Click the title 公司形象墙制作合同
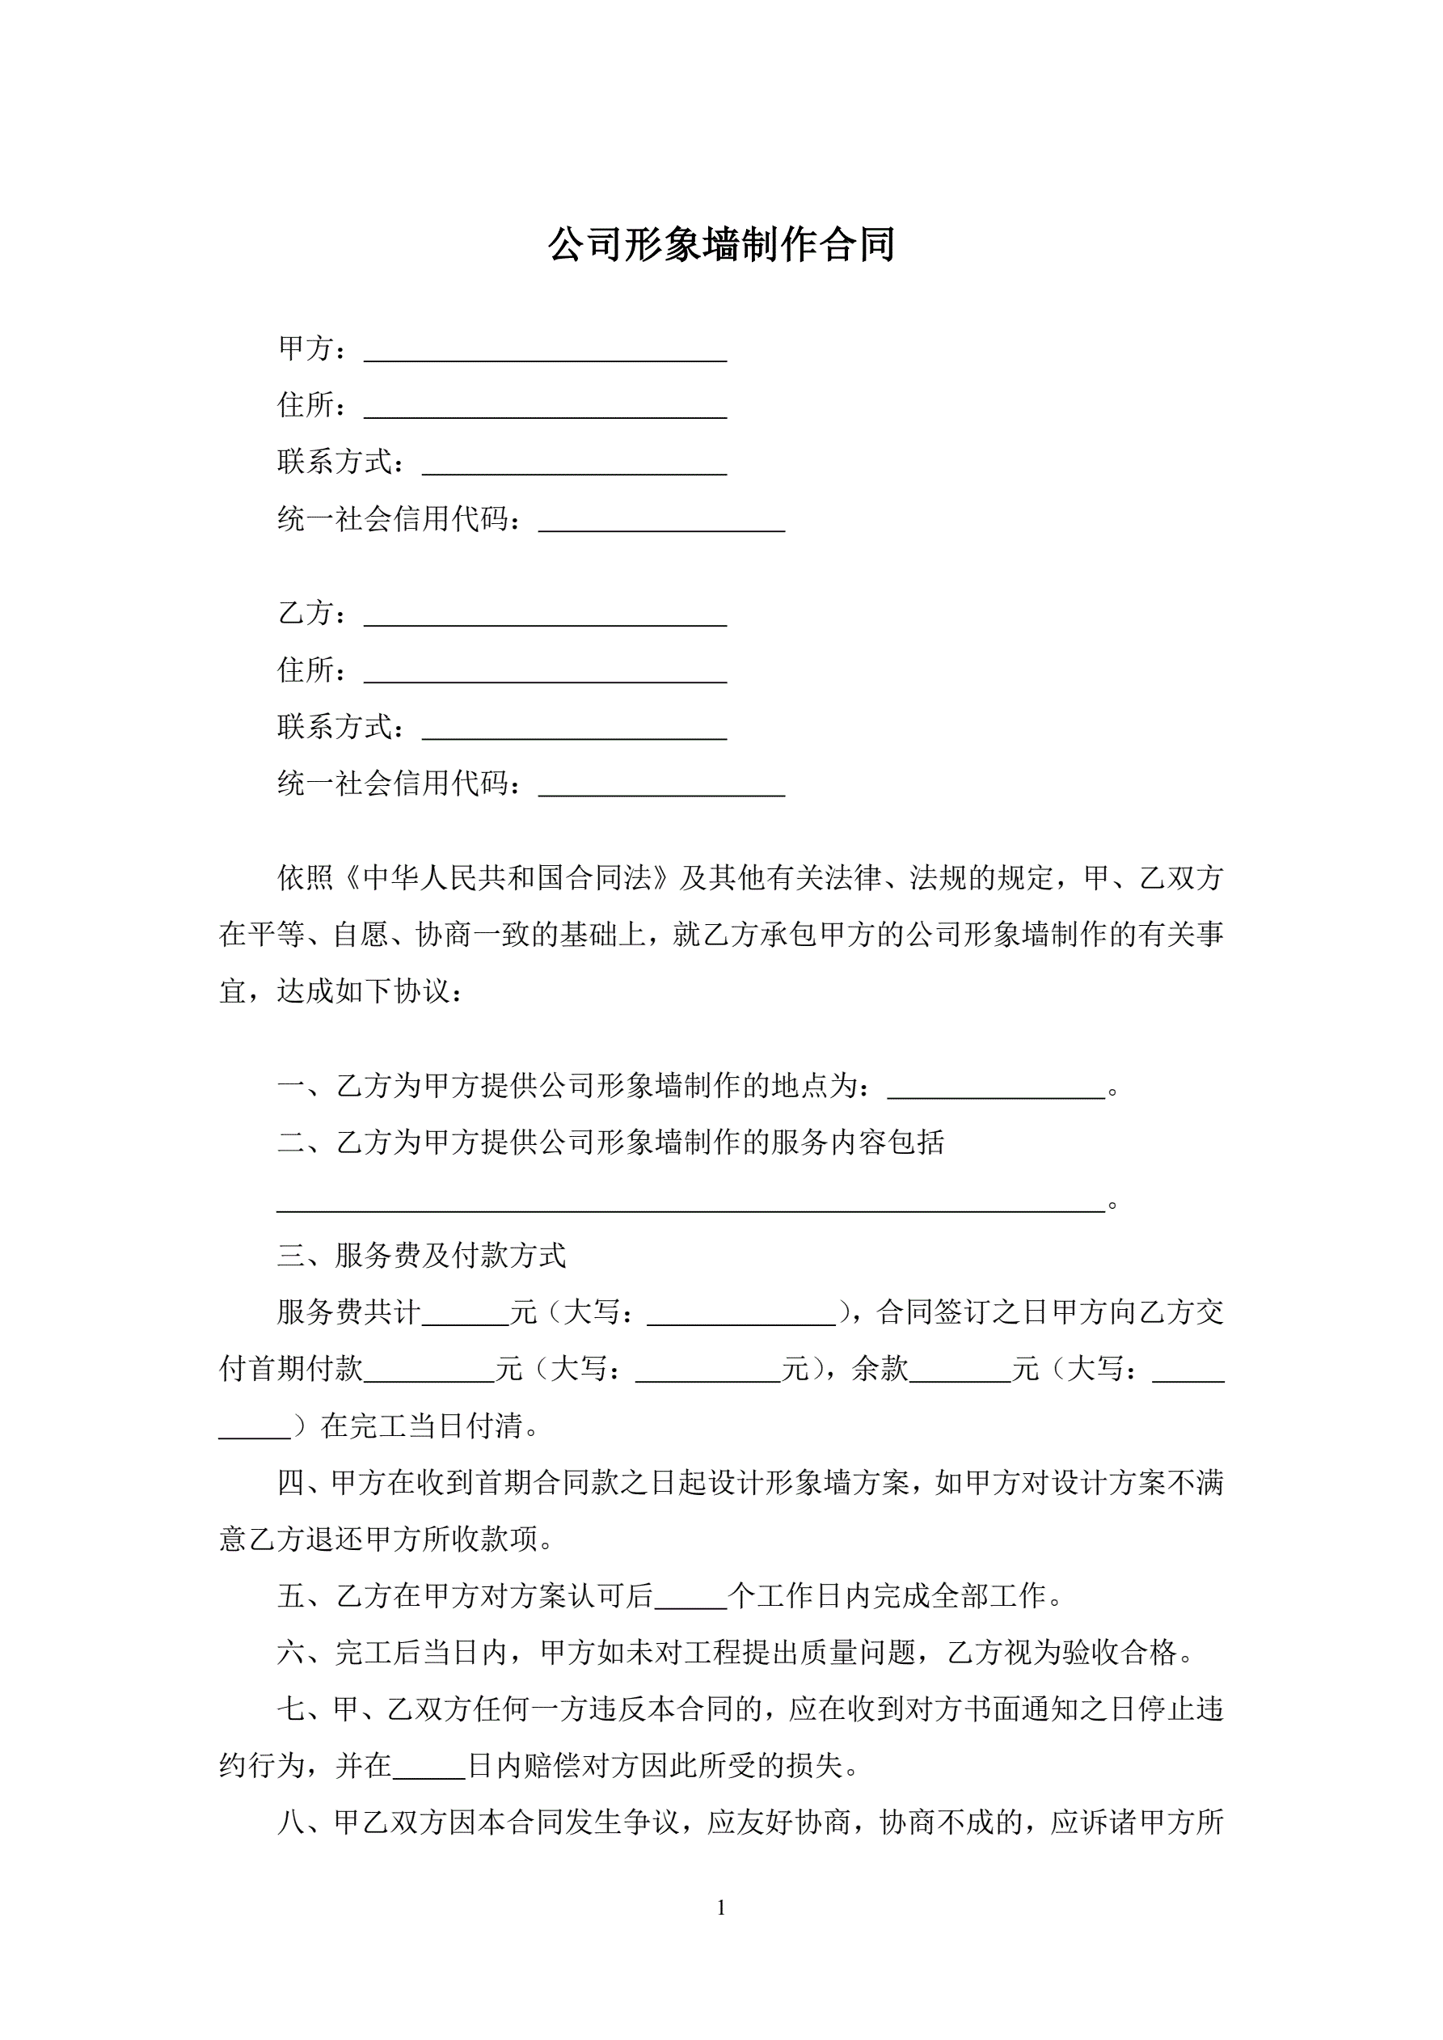click(x=720, y=245)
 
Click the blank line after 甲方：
click(x=545, y=353)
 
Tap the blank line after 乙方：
click(x=545, y=619)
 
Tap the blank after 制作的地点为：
click(x=996, y=1092)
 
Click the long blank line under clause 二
click(x=690, y=1204)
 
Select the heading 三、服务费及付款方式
click(x=421, y=1256)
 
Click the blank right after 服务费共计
click(x=466, y=1319)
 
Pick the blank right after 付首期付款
click(x=429, y=1375)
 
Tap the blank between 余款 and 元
click(x=960, y=1375)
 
